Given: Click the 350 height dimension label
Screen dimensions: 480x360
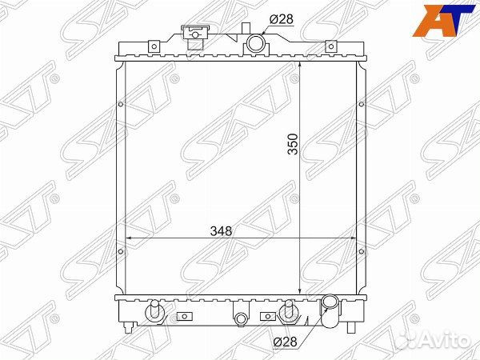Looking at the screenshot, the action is [x=293, y=144].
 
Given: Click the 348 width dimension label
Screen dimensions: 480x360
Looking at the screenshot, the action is [x=221, y=231].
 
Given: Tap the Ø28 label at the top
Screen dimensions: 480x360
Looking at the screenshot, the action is [x=282, y=19].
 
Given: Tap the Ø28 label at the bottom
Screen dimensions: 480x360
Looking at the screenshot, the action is [x=285, y=342].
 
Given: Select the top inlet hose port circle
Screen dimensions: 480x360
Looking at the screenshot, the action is [x=255, y=43].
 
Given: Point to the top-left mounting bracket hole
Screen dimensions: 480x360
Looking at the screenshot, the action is [x=154, y=46].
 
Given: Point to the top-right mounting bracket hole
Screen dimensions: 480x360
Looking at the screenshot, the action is [x=331, y=46].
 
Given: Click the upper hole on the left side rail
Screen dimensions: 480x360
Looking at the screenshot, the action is [x=121, y=104].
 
